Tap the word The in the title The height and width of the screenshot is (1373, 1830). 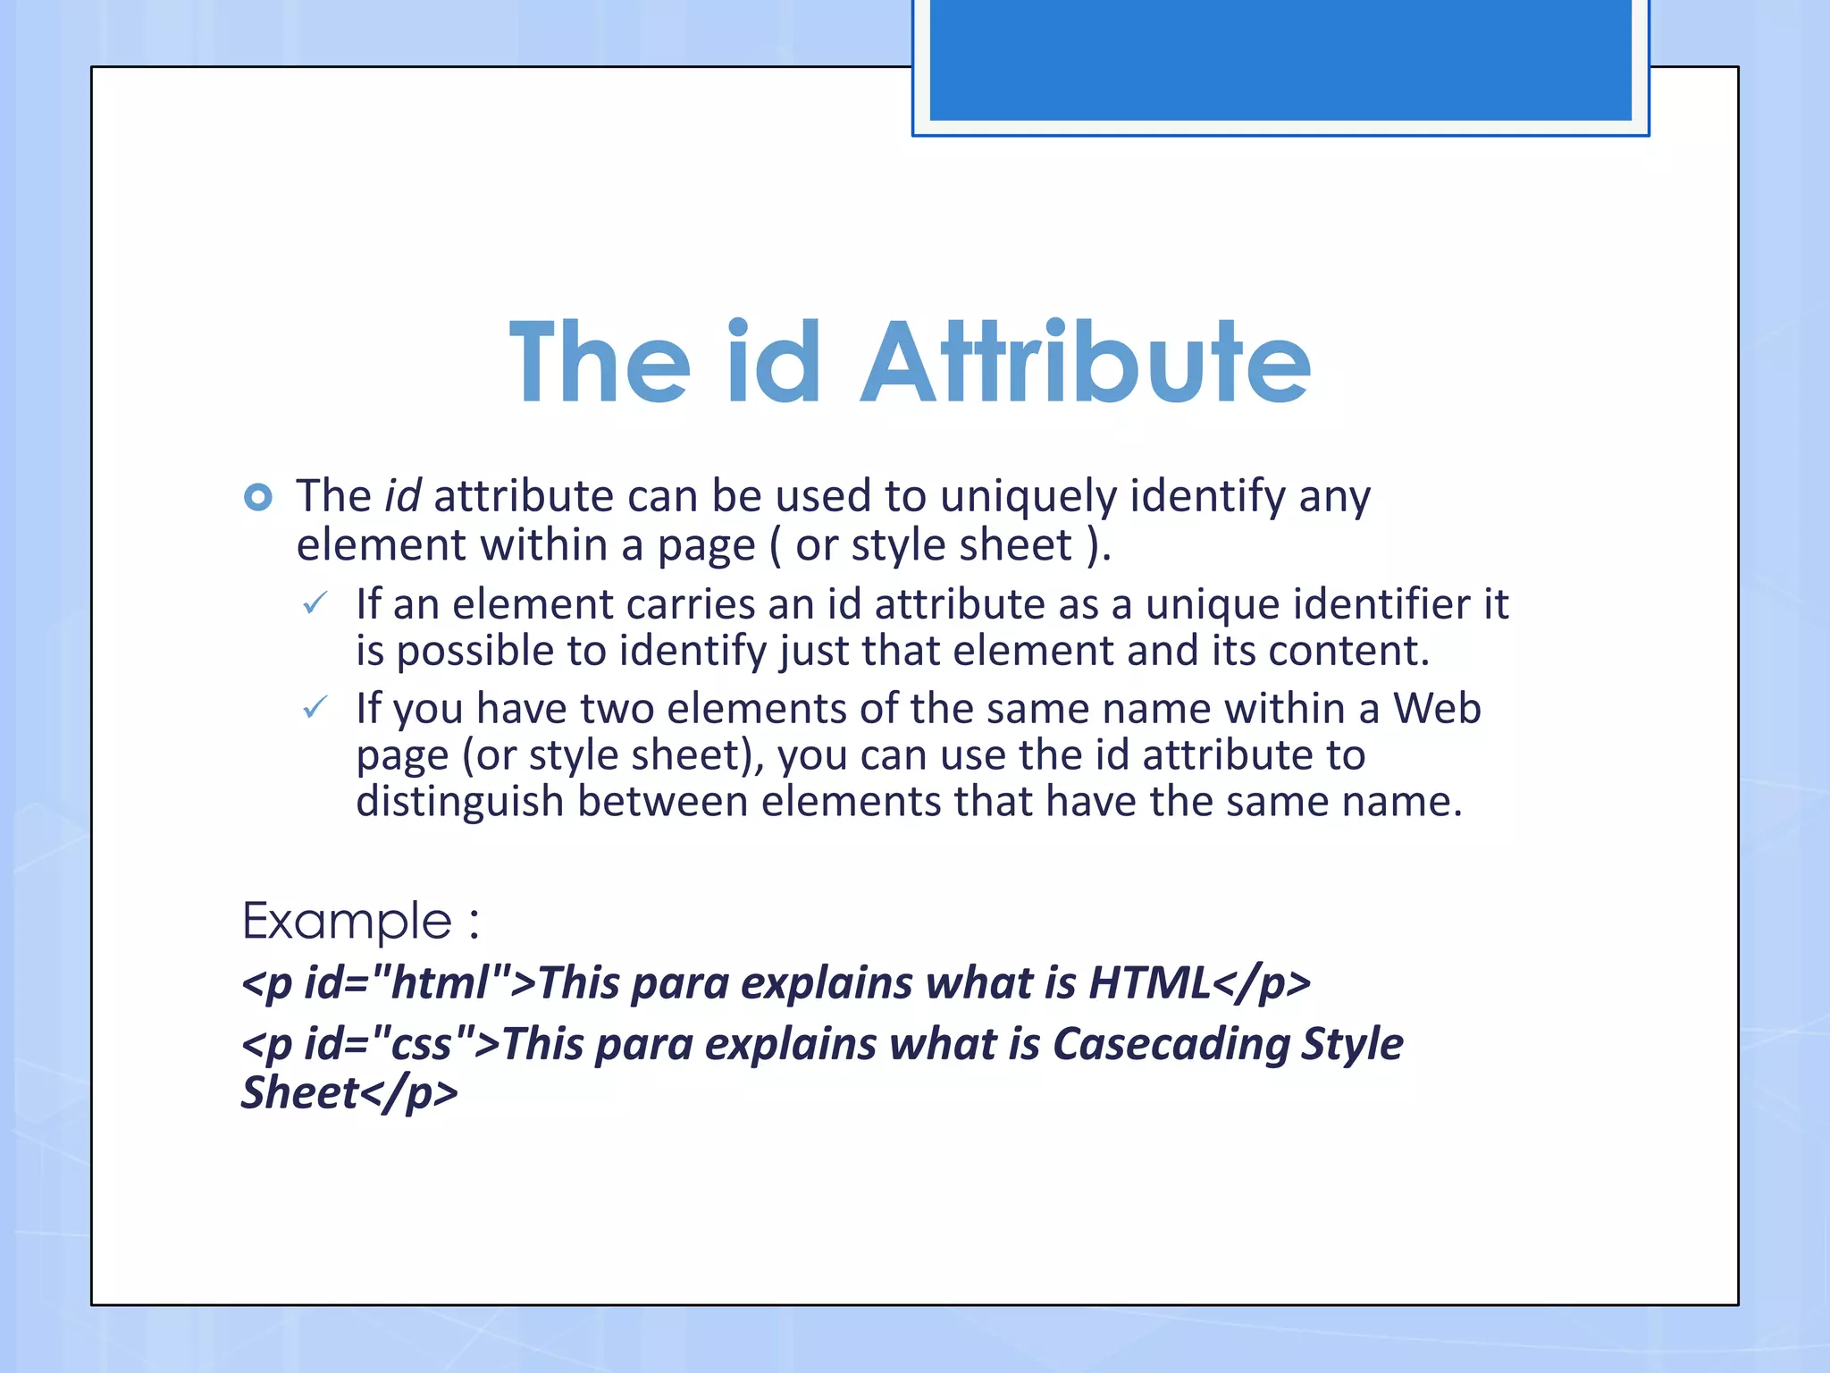(600, 364)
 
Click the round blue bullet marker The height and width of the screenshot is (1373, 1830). (258, 497)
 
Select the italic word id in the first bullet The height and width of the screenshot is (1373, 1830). (402, 496)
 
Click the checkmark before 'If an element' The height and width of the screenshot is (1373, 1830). (315, 604)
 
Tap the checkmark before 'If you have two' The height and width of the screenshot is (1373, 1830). (315, 709)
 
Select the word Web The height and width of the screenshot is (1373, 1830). (1437, 709)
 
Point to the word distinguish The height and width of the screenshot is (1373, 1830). (459, 802)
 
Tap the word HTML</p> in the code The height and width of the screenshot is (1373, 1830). (1199, 983)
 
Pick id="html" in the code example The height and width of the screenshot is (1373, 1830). (408, 983)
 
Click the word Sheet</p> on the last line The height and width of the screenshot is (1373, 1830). (349, 1093)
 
